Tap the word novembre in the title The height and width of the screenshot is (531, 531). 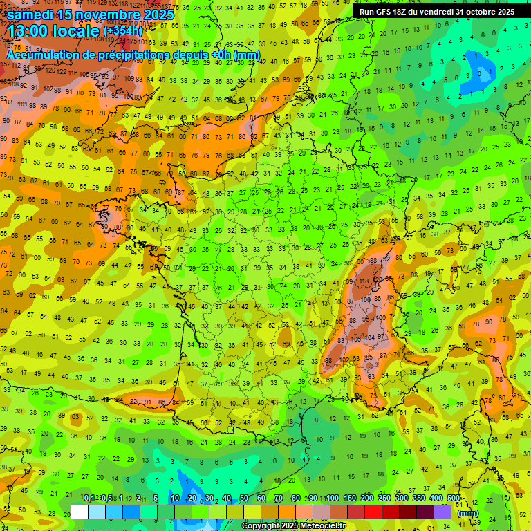[104, 14]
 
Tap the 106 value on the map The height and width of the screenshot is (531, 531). [357, 339]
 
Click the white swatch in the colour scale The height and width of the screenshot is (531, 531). [79, 512]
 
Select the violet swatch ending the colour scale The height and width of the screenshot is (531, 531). [442, 512]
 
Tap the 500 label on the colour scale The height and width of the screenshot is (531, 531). [453, 499]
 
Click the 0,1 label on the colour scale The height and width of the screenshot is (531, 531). [89, 499]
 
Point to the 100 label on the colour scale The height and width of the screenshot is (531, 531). [332, 499]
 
